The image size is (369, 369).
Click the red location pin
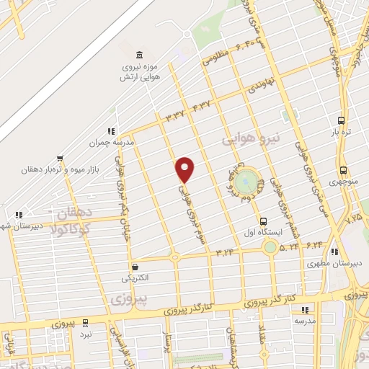click(185, 169)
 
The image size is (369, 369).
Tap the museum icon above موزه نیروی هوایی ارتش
click(139, 55)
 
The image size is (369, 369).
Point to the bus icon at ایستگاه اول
click(263, 221)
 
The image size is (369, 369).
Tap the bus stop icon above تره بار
click(341, 120)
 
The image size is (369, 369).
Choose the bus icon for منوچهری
click(342, 172)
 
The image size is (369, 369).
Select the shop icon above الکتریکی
click(133, 266)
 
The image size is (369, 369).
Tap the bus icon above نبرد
click(86, 324)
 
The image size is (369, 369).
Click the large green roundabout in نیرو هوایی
click(246, 177)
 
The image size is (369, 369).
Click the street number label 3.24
click(225, 252)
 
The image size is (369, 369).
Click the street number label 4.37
click(203, 107)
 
